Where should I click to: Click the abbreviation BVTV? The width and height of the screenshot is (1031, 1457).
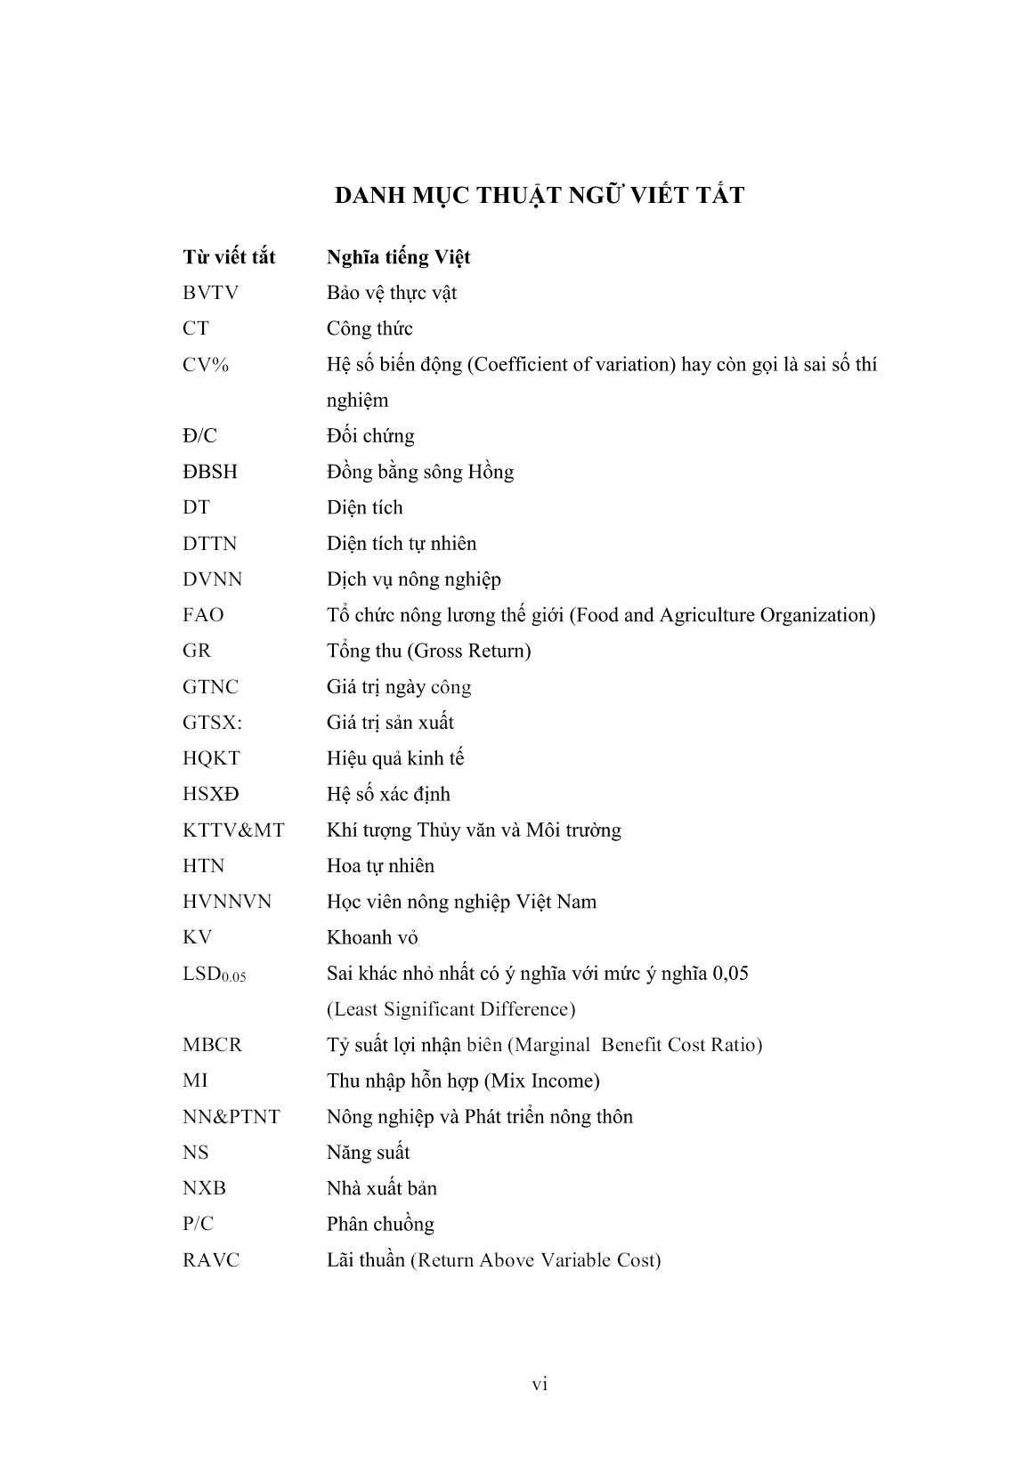click(x=210, y=293)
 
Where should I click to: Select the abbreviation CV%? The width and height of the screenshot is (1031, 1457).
click(x=206, y=365)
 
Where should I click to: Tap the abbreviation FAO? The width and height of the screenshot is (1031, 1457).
click(x=203, y=615)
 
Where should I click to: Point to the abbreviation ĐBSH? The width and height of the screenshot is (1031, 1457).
click(x=210, y=472)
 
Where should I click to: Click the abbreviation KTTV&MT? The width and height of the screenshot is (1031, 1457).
click(x=233, y=830)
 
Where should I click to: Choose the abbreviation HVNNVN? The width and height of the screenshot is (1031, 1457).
click(x=227, y=902)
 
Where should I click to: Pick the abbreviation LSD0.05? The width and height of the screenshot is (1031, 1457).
click(x=214, y=975)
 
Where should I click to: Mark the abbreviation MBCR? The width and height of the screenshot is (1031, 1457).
click(x=212, y=1045)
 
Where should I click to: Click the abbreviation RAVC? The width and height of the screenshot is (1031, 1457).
click(x=211, y=1260)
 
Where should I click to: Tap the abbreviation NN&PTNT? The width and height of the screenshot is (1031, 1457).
click(x=231, y=1117)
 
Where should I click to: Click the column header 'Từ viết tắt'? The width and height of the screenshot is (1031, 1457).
click(x=229, y=257)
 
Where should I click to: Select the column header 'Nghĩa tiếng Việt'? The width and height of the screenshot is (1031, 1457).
click(x=398, y=257)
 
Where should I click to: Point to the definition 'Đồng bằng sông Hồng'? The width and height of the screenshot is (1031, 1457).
click(x=419, y=472)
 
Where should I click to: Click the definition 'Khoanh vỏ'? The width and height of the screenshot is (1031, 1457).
click(x=372, y=937)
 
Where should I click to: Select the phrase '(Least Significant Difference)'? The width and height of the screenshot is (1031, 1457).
click(x=451, y=1009)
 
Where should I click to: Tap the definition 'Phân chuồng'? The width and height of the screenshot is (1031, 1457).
click(x=380, y=1225)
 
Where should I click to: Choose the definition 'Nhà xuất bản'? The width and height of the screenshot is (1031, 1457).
click(x=381, y=1188)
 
